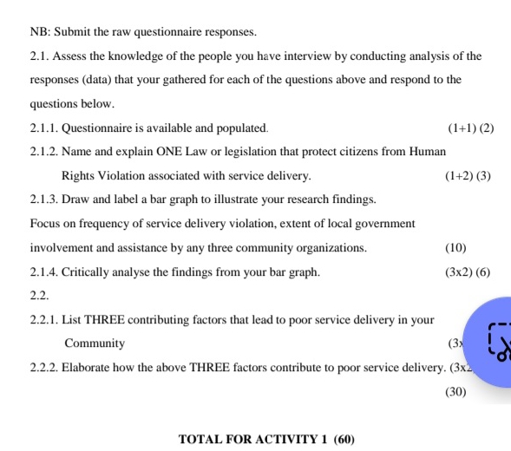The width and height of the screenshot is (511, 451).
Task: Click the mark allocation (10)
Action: [x=455, y=248]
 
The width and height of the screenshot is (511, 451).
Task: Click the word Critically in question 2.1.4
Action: [x=91, y=272]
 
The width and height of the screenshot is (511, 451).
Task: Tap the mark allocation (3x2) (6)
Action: [x=467, y=272]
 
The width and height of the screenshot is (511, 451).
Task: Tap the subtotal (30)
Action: [x=455, y=391]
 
